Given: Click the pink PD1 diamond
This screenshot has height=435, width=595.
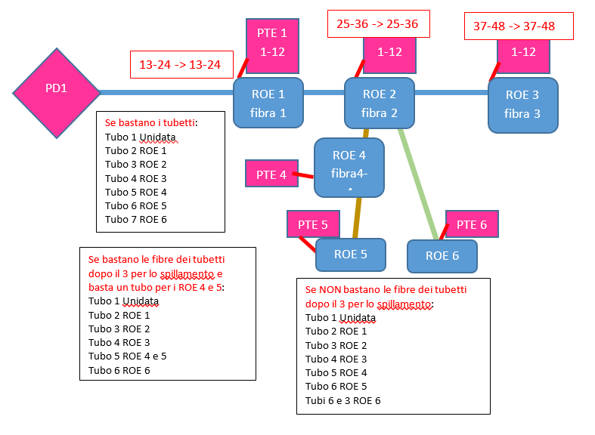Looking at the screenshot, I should (57, 93).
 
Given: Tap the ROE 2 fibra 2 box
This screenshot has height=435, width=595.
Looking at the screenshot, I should (380, 103).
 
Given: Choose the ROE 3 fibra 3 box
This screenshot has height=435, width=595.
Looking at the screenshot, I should (522, 104).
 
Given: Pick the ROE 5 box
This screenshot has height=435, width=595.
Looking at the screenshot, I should (350, 255).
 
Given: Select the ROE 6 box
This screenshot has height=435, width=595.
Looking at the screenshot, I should (442, 256).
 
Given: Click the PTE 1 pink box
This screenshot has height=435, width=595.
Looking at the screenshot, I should (272, 43).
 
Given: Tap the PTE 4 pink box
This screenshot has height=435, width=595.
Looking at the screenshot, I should (271, 174).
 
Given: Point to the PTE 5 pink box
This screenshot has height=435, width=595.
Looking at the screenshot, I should (313, 224).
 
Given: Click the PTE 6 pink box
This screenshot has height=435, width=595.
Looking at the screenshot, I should (472, 224).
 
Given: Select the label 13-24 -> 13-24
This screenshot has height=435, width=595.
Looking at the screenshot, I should (180, 66).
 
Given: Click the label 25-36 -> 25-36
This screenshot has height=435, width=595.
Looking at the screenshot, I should (377, 24).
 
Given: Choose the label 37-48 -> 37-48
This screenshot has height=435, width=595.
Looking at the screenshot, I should (514, 26).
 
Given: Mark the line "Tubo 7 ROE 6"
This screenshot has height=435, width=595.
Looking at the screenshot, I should (136, 219).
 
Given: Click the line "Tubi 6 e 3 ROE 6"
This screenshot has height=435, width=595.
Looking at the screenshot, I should (343, 400).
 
